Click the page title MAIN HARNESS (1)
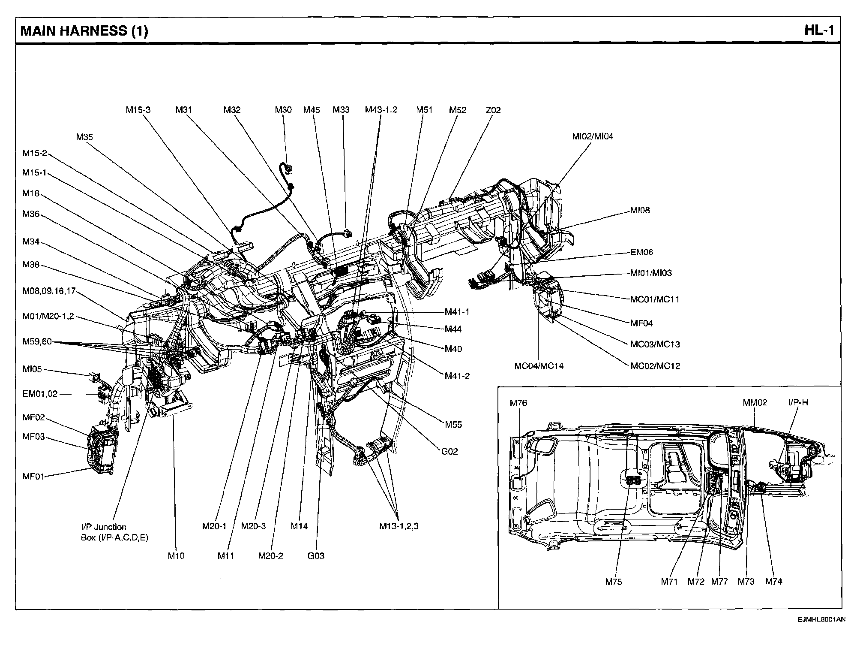pyautogui.click(x=84, y=31)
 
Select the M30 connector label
pyautogui.click(x=283, y=110)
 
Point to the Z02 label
pyautogui.click(x=493, y=110)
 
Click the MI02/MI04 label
pyautogui.click(x=593, y=136)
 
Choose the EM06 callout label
pyautogui.click(x=641, y=252)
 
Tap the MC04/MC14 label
pyautogui.click(x=539, y=366)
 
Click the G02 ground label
pyautogui.click(x=449, y=451)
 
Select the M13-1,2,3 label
pyautogui.click(x=399, y=526)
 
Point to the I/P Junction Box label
pyautogui.click(x=114, y=532)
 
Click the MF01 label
pyautogui.click(x=33, y=476)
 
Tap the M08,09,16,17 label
pyautogui.click(x=49, y=291)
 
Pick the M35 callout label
pyautogui.click(x=84, y=137)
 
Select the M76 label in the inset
pyautogui.click(x=518, y=403)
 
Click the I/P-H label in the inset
pyautogui.click(x=798, y=402)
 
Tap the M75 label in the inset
pyautogui.click(x=614, y=582)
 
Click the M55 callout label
pyautogui.click(x=453, y=425)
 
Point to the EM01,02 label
pyautogui.click(x=40, y=394)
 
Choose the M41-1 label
pyautogui.click(x=457, y=312)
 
